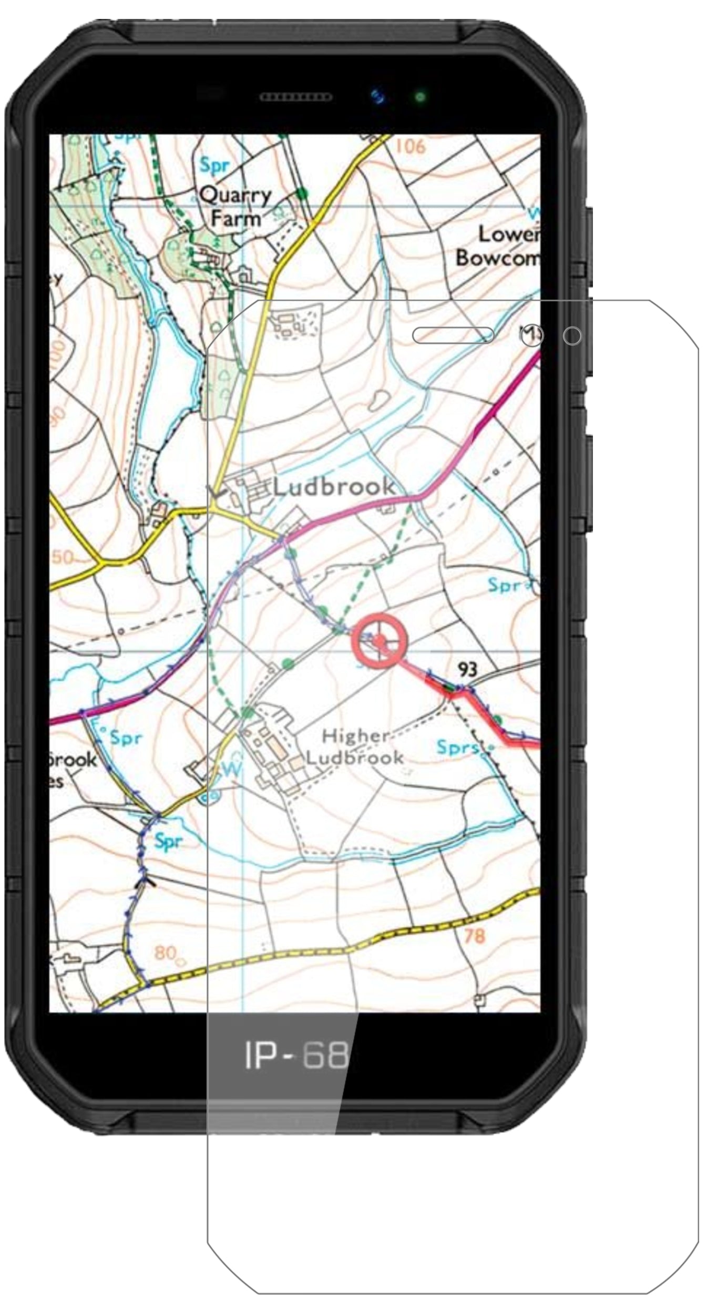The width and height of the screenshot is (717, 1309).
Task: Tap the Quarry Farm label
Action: coord(235,207)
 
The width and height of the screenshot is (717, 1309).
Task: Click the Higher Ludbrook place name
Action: coord(355,746)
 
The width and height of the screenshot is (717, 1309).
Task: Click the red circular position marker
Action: coord(380,640)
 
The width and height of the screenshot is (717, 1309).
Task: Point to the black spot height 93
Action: coord(467,669)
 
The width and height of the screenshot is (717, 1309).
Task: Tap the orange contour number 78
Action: coord(474,936)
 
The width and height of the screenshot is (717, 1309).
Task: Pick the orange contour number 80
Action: coord(166,953)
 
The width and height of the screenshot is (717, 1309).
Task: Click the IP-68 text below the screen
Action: coord(296,1055)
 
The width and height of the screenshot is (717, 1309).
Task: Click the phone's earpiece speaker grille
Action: coord(296,97)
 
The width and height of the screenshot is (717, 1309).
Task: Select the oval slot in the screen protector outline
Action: coord(453,335)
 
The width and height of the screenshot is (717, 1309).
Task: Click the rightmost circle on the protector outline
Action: coord(572,336)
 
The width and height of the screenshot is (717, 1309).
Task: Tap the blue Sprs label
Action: coord(457,747)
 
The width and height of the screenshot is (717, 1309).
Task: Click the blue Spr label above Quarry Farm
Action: coord(214,166)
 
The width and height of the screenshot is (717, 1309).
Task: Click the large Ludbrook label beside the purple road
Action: coord(334,486)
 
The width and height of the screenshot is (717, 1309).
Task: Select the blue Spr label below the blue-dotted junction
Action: coord(168,841)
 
